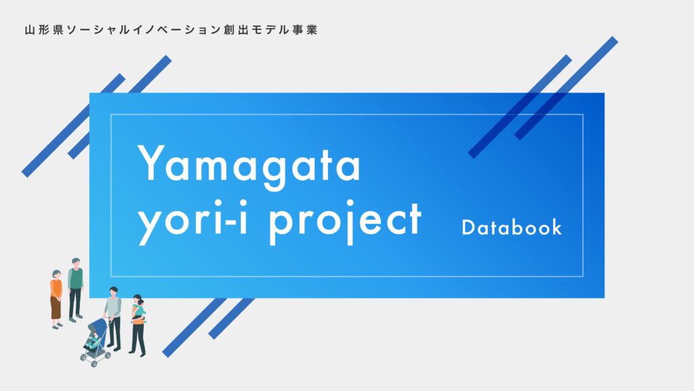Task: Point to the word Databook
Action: point(512,227)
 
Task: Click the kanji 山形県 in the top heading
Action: point(43,31)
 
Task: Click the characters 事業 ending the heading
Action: point(306,31)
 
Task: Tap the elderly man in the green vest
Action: point(75,288)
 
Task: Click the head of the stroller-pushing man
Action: point(113,292)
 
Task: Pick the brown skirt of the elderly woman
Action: point(55,308)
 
